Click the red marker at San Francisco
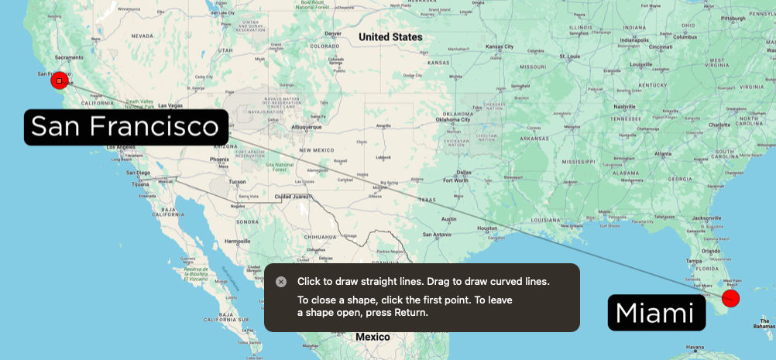pyautogui.click(x=60, y=81)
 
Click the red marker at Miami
pyautogui.click(x=730, y=298)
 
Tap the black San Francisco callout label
pyautogui.click(x=125, y=127)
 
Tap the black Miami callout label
pyautogui.click(x=655, y=313)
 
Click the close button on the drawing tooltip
pyautogui.click(x=281, y=282)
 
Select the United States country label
pyautogui.click(x=390, y=37)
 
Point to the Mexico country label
pyautogui.click(x=373, y=337)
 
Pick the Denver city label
pyautogui.click(x=333, y=33)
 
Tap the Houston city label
pyautogui.click(x=487, y=228)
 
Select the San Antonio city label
pyautogui.click(x=436, y=235)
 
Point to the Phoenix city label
pyautogui.click(x=219, y=159)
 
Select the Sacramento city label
pyautogui.click(x=68, y=58)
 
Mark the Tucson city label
pyautogui.click(x=237, y=182)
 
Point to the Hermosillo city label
pyautogui.click(x=237, y=242)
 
